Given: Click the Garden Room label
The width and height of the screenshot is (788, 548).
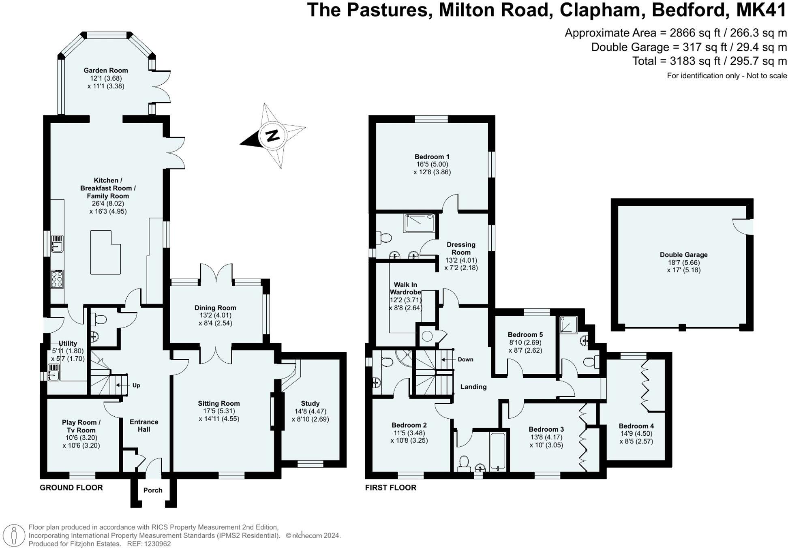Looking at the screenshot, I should [x=106, y=71].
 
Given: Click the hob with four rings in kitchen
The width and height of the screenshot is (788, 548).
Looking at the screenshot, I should [x=57, y=279].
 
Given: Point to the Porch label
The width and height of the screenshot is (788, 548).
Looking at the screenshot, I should [x=153, y=490].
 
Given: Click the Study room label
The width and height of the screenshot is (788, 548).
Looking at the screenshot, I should [x=310, y=404].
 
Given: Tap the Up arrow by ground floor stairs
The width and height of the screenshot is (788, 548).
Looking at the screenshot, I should [x=136, y=385].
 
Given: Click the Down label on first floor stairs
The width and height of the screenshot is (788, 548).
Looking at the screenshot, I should [x=465, y=360].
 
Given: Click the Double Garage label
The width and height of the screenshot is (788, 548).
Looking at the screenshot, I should [x=683, y=255].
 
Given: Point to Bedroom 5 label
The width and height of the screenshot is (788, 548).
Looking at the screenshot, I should [x=525, y=335].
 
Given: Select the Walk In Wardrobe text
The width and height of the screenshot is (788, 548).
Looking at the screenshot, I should [x=405, y=289].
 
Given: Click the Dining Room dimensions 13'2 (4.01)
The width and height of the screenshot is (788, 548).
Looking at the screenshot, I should [x=215, y=316].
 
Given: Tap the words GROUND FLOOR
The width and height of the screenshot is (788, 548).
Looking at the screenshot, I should [x=71, y=488].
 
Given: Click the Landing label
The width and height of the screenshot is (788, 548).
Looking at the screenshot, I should [x=473, y=387].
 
